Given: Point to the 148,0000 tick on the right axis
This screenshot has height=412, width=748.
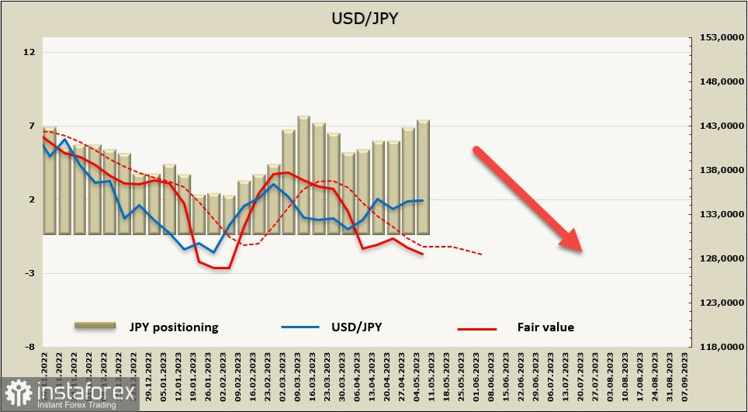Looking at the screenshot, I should click(717, 81).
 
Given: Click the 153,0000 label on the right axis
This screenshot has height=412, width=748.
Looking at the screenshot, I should click(717, 37).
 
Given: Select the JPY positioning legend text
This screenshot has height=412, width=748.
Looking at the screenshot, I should click(174, 327).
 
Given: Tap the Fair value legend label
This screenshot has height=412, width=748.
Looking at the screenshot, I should click(545, 327).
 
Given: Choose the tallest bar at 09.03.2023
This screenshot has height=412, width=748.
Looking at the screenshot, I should click(303, 175).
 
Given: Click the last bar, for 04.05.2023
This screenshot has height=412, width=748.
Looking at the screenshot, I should click(423, 177).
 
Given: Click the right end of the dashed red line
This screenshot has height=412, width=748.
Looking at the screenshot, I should click(482, 254).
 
